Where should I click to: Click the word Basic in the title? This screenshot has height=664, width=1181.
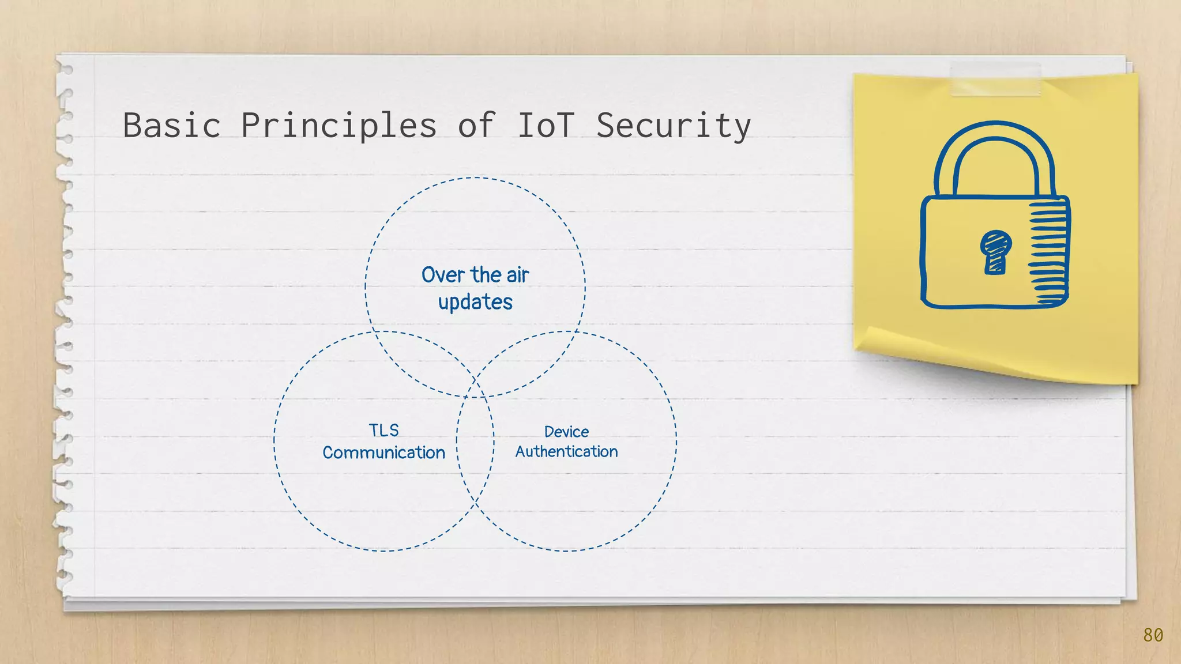[172, 125]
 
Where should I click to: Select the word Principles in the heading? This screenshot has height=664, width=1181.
[339, 125]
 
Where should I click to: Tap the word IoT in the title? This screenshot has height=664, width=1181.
[546, 125]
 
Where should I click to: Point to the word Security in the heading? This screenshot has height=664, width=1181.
[673, 125]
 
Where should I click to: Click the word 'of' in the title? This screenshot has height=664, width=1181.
[476, 125]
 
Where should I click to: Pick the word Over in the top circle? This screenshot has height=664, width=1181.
[443, 275]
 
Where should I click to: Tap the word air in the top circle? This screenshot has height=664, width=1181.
[517, 275]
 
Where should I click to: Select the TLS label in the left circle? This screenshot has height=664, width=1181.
[383, 431]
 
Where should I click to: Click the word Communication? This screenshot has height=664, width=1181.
[383, 452]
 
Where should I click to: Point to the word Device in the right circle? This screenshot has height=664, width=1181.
[566, 432]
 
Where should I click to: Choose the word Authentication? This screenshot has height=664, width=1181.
[566, 451]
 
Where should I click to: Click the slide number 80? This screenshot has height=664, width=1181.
[1153, 635]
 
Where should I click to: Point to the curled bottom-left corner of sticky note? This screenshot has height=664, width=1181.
[871, 339]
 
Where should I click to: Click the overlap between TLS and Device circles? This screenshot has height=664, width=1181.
[475, 441]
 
